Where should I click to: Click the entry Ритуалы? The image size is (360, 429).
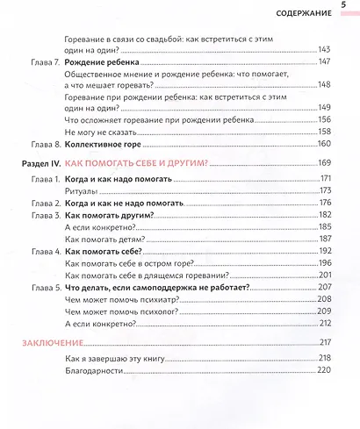point(83,190)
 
